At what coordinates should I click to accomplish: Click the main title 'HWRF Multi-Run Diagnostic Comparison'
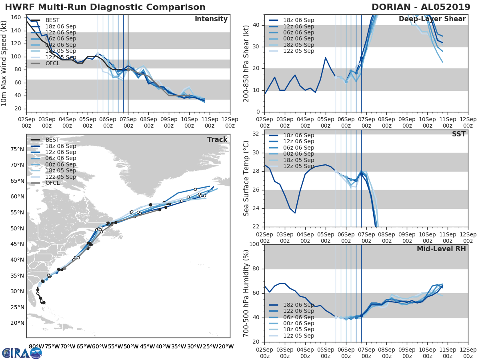coord(105,7)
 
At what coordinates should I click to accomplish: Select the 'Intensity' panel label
coord(211,19)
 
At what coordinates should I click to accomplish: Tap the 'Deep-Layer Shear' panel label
coord(432,19)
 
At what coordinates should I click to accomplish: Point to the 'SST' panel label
coord(458,134)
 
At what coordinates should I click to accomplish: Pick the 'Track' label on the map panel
coord(217,140)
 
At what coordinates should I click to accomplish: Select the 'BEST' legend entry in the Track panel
coord(52,140)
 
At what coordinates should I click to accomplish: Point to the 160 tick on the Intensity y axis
coord(16,18)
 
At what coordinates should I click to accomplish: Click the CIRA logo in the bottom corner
coord(22,353)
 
